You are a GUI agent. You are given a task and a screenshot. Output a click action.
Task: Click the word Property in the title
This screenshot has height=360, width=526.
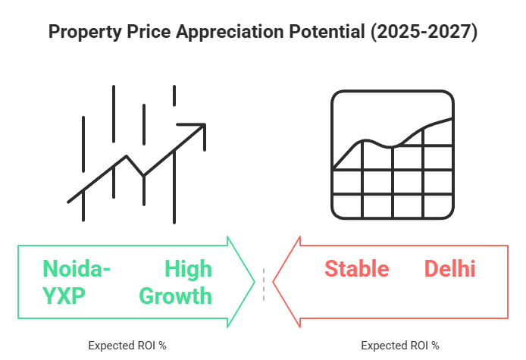click(x=81, y=33)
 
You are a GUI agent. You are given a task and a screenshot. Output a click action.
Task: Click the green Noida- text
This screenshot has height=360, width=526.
click(x=77, y=269)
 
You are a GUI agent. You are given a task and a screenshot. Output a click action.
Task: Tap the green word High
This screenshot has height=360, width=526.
click(x=189, y=269)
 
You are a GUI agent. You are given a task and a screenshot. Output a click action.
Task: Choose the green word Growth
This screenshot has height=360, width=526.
click(x=177, y=295)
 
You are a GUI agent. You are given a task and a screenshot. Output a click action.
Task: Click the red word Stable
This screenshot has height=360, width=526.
click(x=357, y=269)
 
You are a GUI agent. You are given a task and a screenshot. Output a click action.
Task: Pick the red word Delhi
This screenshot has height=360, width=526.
click(x=449, y=269)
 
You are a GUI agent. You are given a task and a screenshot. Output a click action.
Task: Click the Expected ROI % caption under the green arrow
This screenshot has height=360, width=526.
click(x=127, y=345)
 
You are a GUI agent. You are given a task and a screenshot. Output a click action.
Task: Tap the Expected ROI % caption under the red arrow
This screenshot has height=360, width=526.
click(x=400, y=345)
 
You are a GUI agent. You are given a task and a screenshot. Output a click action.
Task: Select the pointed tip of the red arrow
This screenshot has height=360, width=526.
click(x=274, y=281)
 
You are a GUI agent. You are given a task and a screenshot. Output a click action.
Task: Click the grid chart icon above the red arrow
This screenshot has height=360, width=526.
click(x=392, y=154)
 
